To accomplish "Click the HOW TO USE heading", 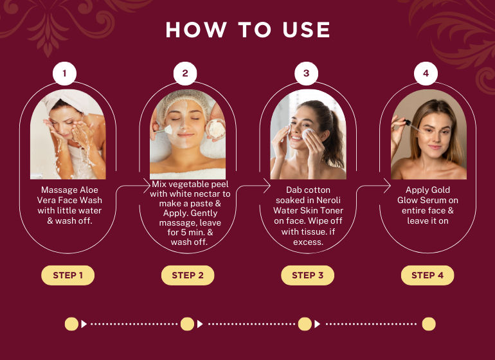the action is click(x=248, y=30).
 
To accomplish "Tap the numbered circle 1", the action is click(x=65, y=73).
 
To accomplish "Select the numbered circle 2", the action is click(x=185, y=73).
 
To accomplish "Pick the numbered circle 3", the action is click(x=306, y=73).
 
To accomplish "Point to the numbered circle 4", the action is click(x=426, y=73).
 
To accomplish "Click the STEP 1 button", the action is click(x=68, y=275).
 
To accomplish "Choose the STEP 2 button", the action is click(x=188, y=275).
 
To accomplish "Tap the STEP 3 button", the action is click(x=308, y=275).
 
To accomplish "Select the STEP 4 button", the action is click(x=428, y=275).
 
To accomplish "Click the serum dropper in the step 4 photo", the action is click(x=411, y=125).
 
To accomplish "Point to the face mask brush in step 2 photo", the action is click(x=164, y=130).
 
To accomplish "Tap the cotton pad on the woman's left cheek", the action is click(x=308, y=134).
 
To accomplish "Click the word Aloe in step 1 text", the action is click(x=89, y=190).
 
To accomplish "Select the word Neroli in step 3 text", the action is click(x=328, y=200).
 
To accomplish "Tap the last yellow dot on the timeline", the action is click(x=429, y=324).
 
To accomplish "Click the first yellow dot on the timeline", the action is click(x=71, y=324).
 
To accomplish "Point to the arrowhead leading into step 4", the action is click(x=387, y=185).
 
